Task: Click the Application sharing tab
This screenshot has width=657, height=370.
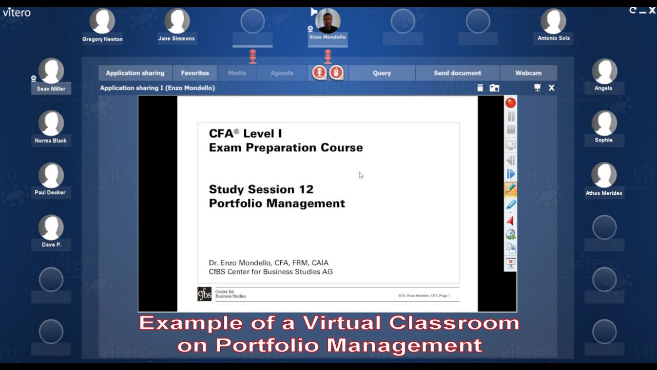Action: (x=135, y=73)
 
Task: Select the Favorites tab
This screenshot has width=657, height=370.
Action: (x=195, y=73)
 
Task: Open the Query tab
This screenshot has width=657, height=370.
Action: (x=382, y=73)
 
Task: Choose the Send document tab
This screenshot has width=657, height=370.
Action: (x=457, y=73)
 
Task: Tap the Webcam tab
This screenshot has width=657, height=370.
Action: (x=528, y=73)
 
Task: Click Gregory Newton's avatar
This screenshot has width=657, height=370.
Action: (x=102, y=22)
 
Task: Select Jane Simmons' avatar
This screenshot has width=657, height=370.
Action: (x=177, y=22)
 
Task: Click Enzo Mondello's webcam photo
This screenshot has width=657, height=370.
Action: (x=328, y=21)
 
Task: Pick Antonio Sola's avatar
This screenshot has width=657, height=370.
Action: (x=553, y=22)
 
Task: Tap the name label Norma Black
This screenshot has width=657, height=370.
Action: (x=51, y=141)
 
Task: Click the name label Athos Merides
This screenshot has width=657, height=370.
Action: (x=604, y=193)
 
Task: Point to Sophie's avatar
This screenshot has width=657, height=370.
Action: (x=604, y=123)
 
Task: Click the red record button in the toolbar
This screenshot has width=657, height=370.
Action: (x=511, y=103)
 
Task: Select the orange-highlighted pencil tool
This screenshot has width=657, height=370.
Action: (x=511, y=189)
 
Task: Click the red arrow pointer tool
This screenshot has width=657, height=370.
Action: (x=511, y=220)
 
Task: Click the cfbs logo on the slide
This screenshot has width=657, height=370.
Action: (x=204, y=294)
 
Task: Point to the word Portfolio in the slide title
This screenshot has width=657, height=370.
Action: (x=234, y=203)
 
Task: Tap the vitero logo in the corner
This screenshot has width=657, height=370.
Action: (x=16, y=12)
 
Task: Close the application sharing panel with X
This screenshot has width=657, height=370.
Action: (x=551, y=88)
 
